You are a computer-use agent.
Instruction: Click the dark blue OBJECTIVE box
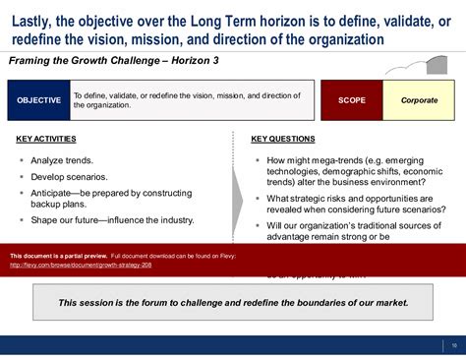38,101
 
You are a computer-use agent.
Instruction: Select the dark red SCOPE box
351,101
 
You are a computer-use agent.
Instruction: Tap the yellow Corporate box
419,101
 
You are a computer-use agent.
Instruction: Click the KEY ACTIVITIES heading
46,139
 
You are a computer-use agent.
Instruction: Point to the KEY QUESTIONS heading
283,139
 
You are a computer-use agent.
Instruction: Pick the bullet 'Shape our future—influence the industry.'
112,220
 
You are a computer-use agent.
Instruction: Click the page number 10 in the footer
453,344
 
